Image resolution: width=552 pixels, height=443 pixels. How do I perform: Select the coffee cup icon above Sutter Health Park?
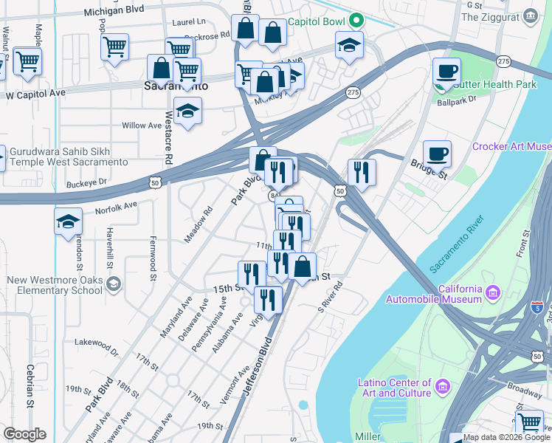tap(446, 72)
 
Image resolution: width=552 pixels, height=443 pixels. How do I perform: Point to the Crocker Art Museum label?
tap(511, 147)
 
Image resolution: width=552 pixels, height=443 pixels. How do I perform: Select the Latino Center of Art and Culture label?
tap(394, 388)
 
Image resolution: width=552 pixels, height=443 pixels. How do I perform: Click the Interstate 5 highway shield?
tap(538, 306)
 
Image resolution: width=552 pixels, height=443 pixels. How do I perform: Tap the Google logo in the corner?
tap(24, 434)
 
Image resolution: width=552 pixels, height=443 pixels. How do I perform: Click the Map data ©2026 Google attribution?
tap(506, 437)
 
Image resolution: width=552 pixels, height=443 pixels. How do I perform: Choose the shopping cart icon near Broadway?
tap(530, 423)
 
